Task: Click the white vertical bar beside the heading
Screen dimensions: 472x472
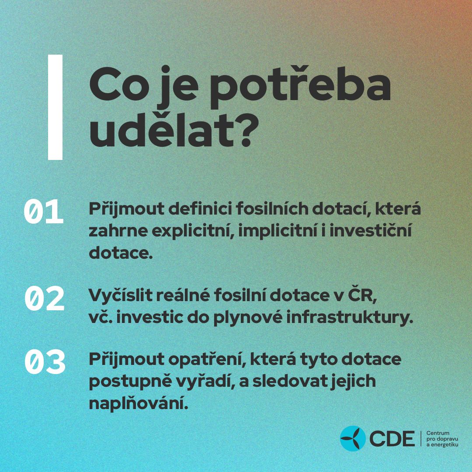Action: click(x=55, y=107)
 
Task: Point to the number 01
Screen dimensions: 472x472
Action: click(x=44, y=212)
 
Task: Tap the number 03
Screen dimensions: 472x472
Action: click(x=45, y=361)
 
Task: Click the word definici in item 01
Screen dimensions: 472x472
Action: click(x=200, y=208)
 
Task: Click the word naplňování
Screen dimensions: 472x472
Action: click(x=139, y=404)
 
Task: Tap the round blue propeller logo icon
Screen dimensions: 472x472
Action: click(x=353, y=438)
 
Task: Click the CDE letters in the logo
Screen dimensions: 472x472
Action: click(x=392, y=439)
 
